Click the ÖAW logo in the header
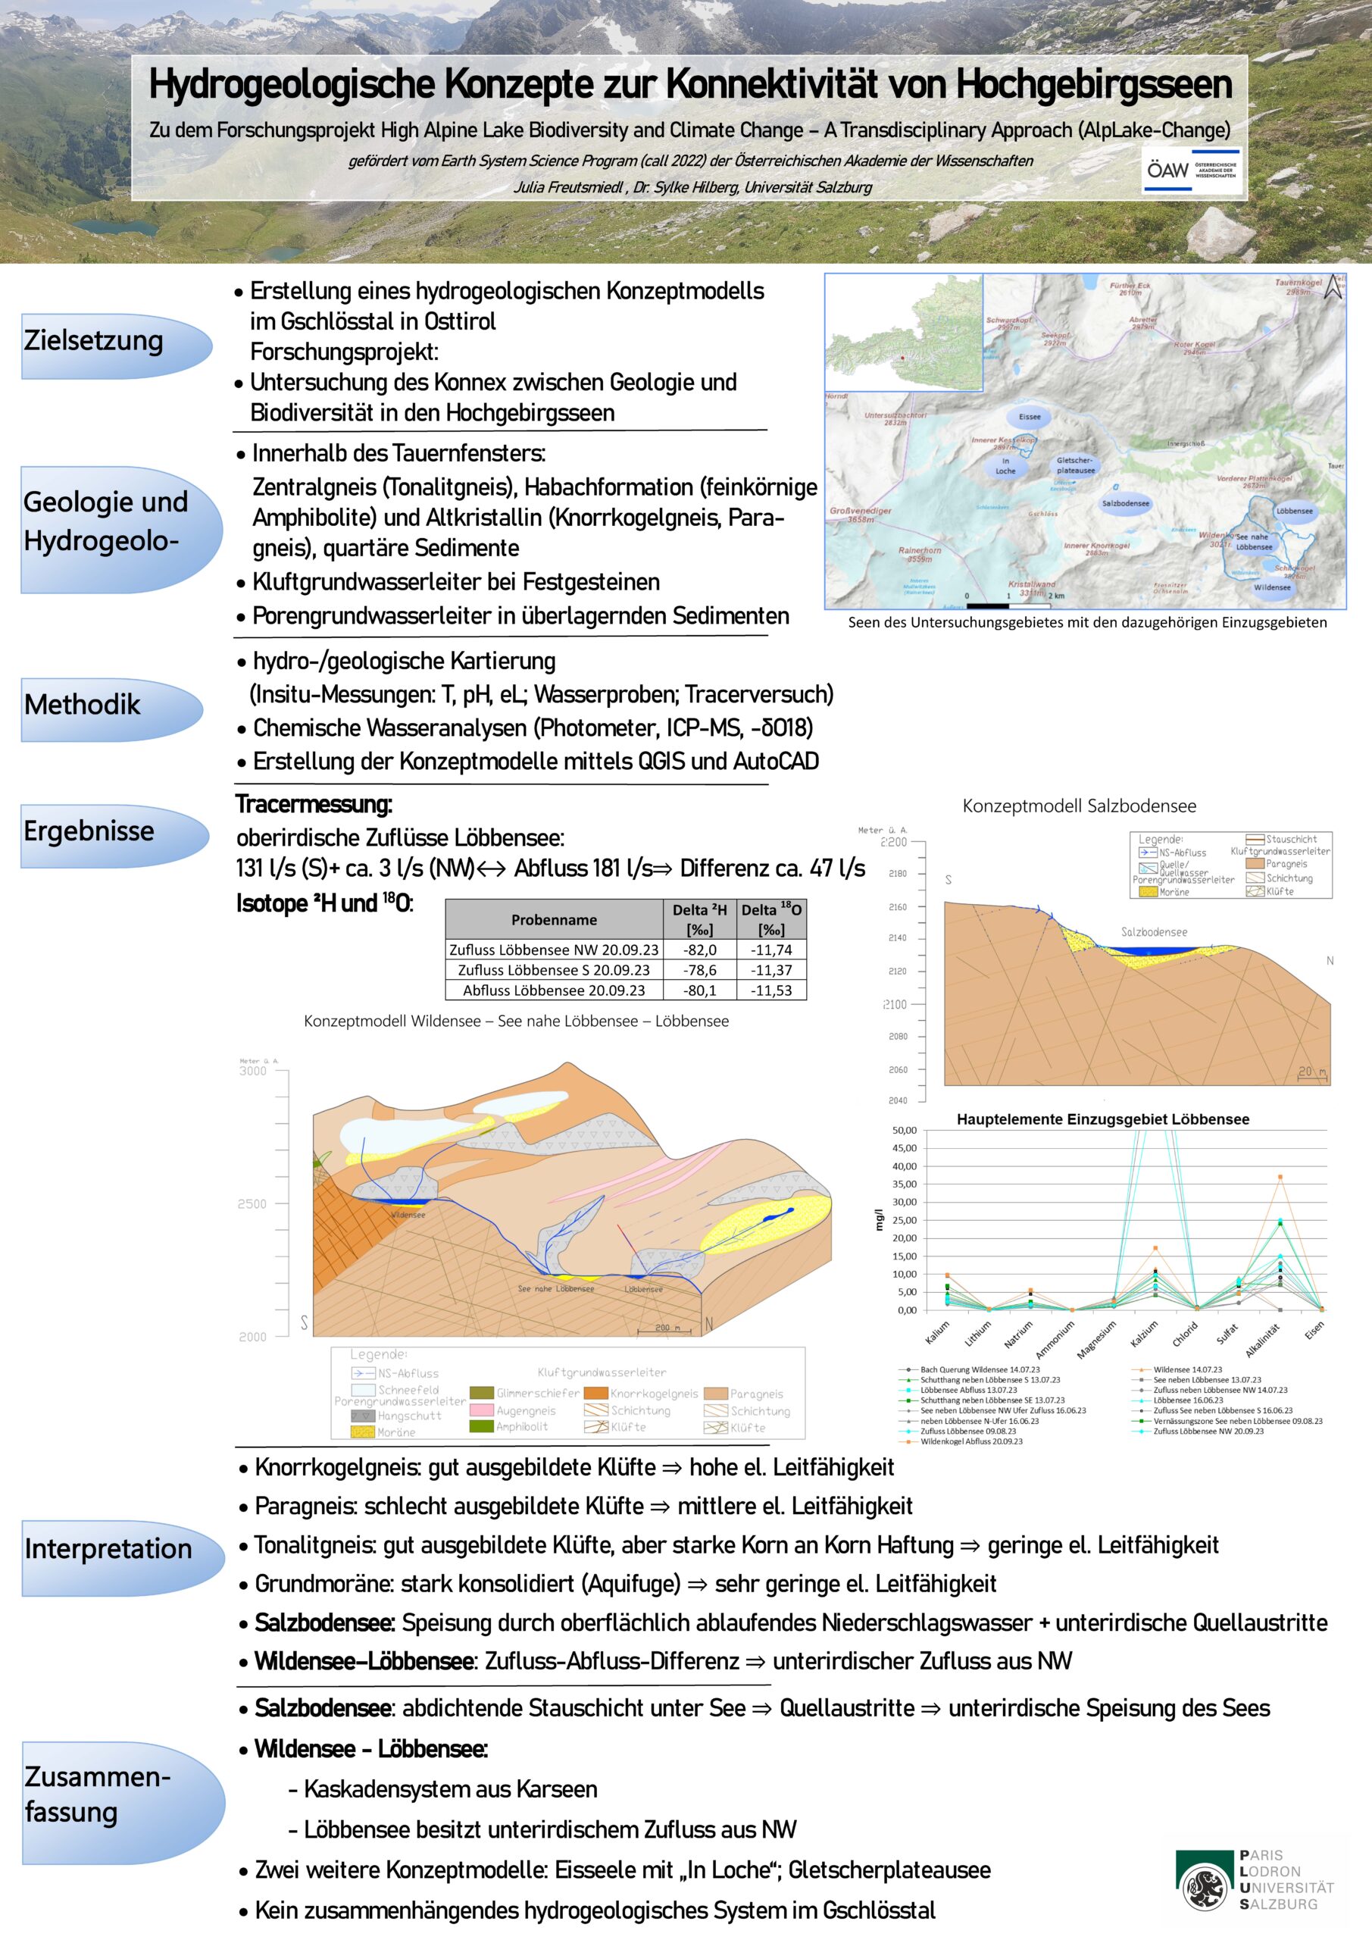click(1191, 170)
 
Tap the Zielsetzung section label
click(94, 340)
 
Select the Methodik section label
click(83, 704)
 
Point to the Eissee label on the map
click(1030, 417)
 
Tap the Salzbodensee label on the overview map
click(1125, 504)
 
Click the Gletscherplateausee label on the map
click(1076, 465)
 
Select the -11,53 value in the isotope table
click(771, 990)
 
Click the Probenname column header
click(553, 919)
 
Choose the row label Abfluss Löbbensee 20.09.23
click(553, 990)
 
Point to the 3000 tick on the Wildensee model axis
click(252, 1071)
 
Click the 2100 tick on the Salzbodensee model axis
click(894, 1005)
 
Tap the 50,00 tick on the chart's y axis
click(904, 1131)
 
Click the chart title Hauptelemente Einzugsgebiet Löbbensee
click(1102, 1119)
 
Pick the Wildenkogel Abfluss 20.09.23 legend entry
click(970, 1441)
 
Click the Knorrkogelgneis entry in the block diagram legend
click(654, 1394)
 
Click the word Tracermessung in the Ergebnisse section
click(314, 804)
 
